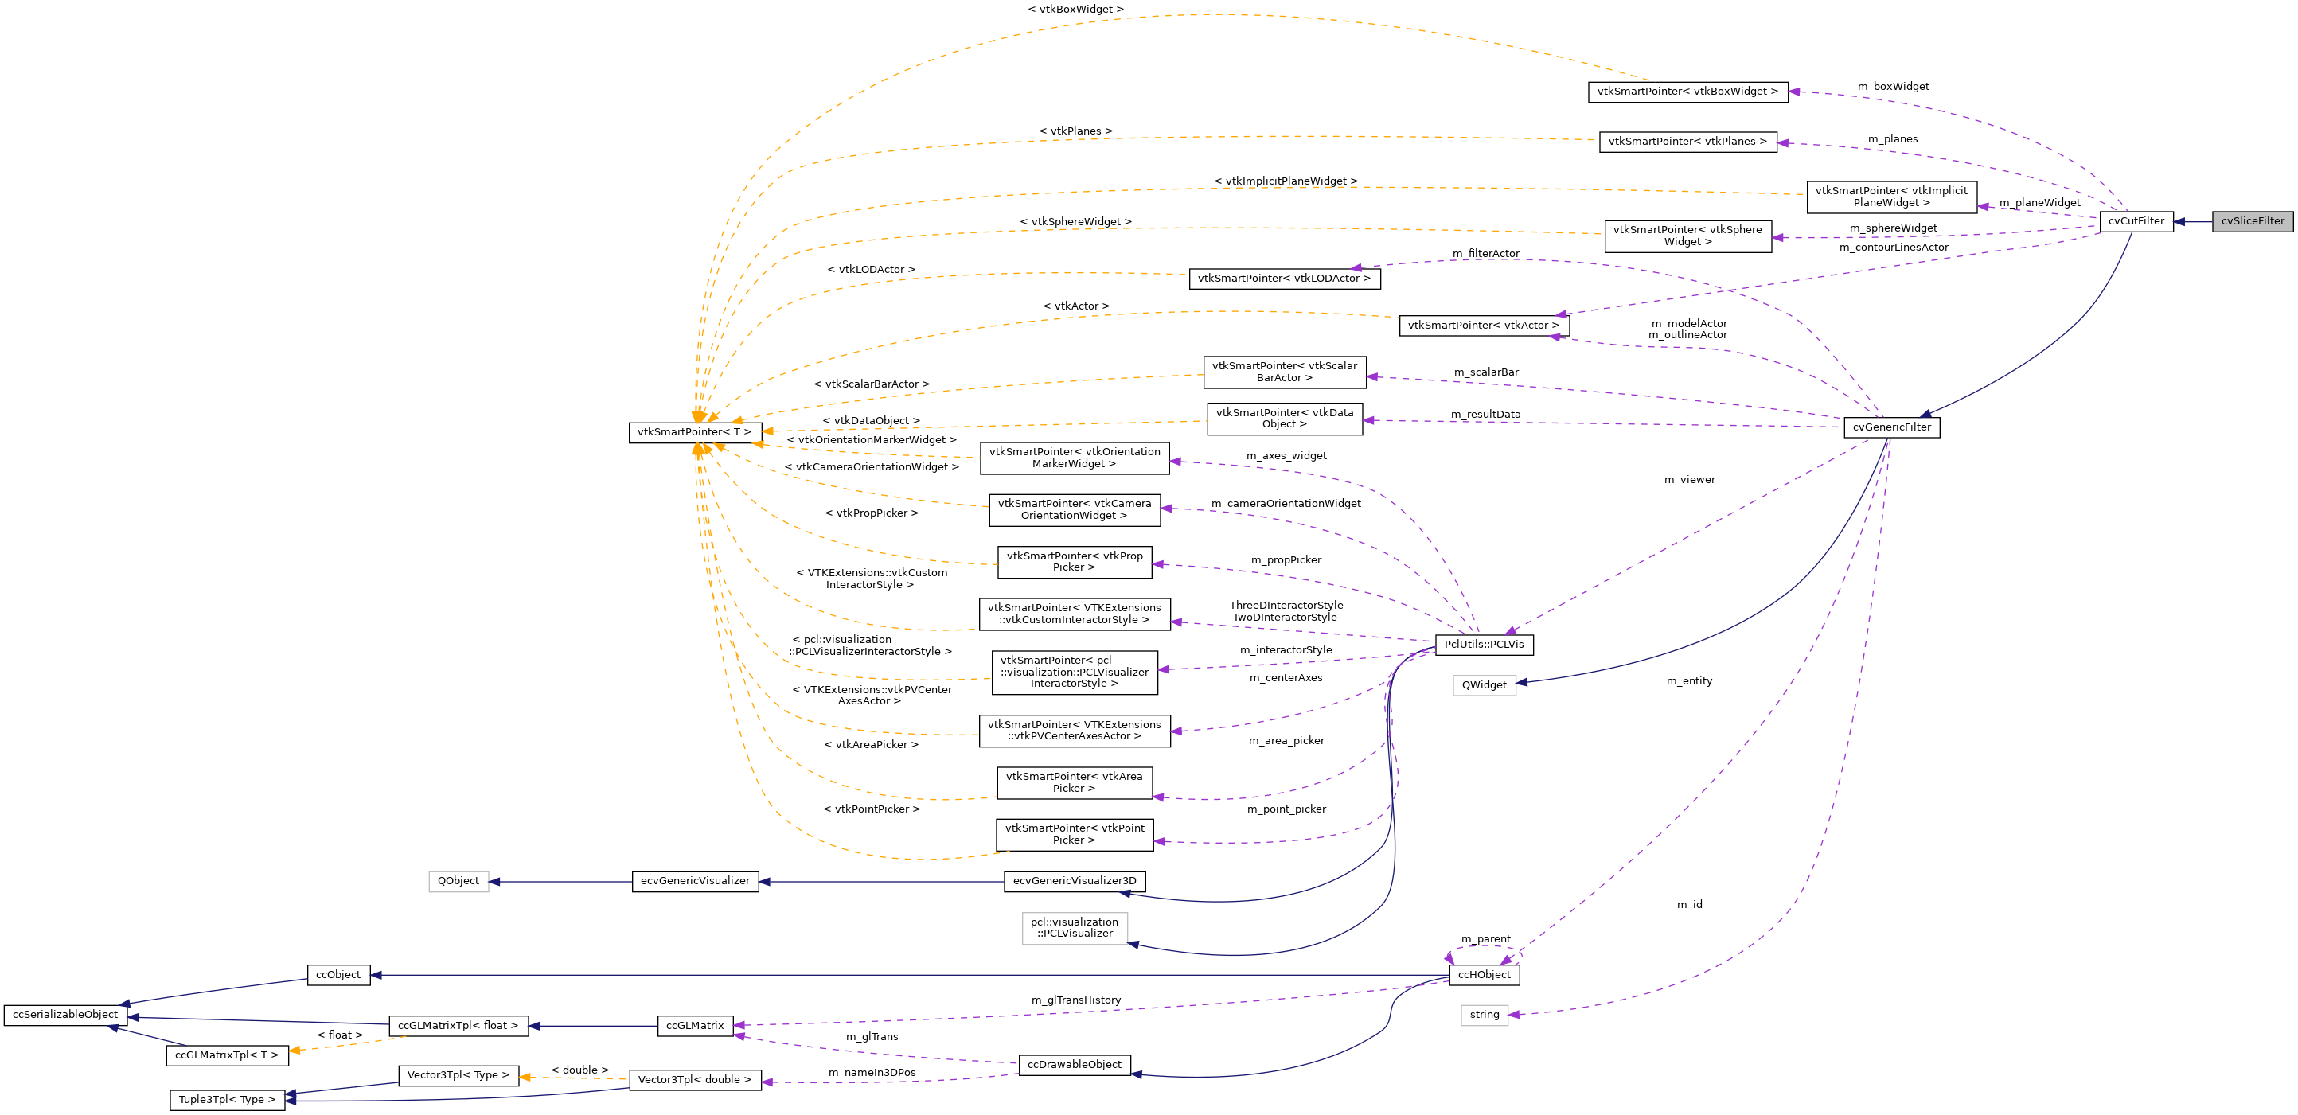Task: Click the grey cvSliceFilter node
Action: (2252, 221)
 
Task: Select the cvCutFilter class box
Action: (2136, 221)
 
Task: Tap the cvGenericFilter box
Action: (1891, 427)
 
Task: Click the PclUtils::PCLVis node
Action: (1484, 645)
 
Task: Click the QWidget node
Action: (1484, 685)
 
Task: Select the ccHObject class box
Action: (1484, 975)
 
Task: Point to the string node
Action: (1484, 1015)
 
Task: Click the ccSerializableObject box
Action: (65, 1015)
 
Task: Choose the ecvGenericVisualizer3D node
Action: (1074, 881)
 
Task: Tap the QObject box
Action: (458, 881)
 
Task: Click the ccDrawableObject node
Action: (1074, 1065)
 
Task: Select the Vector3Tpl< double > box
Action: (694, 1080)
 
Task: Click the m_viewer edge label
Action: (1689, 480)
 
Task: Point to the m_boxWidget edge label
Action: (1892, 87)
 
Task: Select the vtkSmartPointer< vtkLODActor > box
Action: (1284, 279)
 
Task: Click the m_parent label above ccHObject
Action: (1485, 939)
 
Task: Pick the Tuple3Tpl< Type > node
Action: (227, 1100)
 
